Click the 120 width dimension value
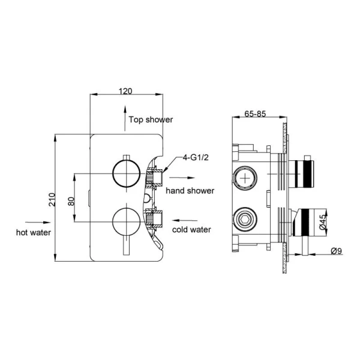click(x=125, y=91)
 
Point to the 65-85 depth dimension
click(x=256, y=115)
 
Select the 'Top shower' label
click(x=151, y=119)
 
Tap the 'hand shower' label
click(x=190, y=190)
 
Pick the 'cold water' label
click(x=193, y=229)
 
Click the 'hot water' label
click(x=34, y=232)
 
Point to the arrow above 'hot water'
click(x=34, y=220)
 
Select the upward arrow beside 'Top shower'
click(x=124, y=116)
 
